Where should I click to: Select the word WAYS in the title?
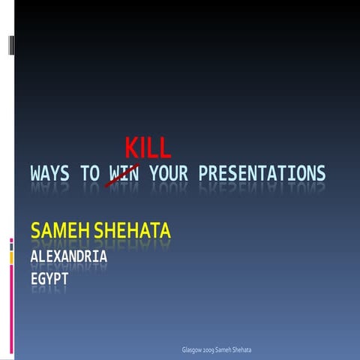[50, 175]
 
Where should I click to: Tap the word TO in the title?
[89, 175]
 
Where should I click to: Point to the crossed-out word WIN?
[124, 175]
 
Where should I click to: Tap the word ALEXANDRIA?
[69, 257]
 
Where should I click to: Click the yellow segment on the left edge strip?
[11, 257]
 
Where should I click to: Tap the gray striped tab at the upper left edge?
[10, 45]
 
